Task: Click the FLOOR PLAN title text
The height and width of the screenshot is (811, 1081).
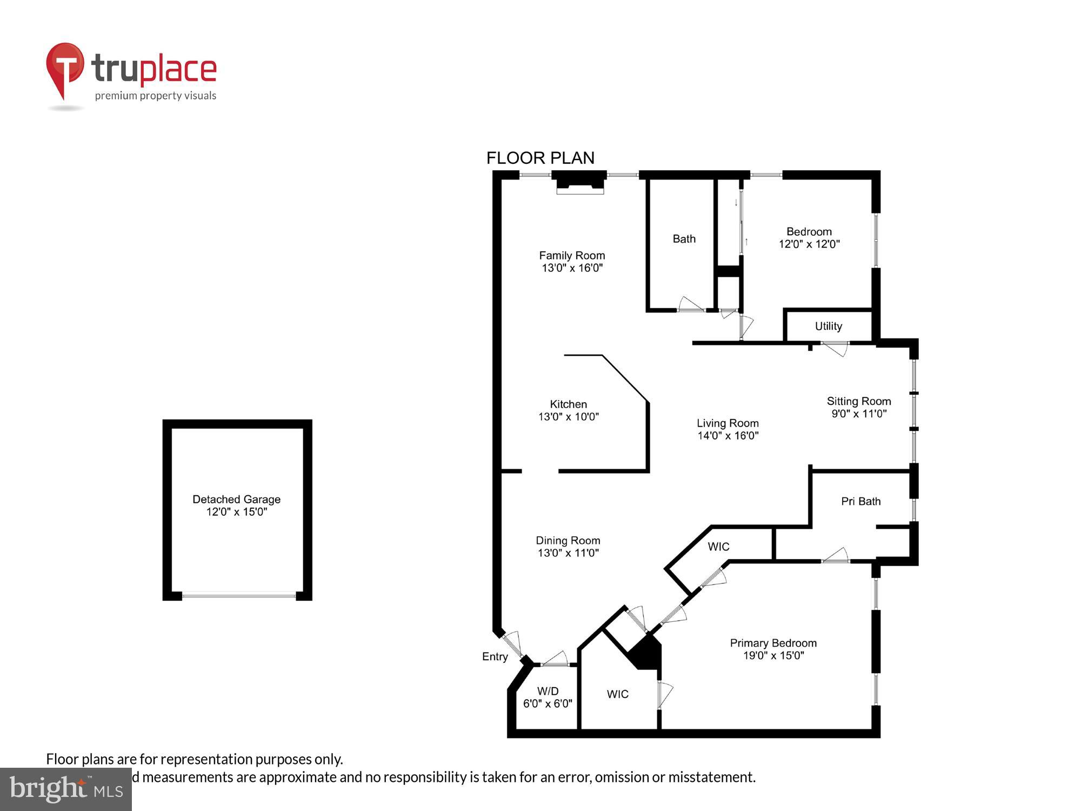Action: tap(540, 158)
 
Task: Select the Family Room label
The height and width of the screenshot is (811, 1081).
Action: tap(572, 255)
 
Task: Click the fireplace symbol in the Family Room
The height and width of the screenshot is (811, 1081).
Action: tap(579, 182)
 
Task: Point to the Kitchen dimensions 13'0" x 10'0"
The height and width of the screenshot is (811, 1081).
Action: tap(569, 417)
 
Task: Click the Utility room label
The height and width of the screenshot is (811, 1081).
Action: tap(828, 326)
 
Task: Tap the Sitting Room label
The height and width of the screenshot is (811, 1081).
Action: tap(858, 401)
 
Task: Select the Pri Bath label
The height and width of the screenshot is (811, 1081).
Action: tap(860, 501)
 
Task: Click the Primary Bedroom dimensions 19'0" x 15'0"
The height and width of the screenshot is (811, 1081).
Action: tap(773, 656)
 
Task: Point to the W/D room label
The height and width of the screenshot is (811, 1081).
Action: tap(548, 691)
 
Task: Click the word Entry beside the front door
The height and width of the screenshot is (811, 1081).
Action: tap(495, 656)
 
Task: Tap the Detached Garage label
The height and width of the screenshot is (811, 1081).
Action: tap(236, 499)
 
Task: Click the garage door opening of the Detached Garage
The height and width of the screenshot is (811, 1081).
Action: tap(238, 596)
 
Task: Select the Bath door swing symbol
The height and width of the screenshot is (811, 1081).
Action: tap(691, 305)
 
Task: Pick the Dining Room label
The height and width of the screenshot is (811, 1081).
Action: tap(568, 540)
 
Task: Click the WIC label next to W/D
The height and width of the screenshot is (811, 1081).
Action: tap(617, 694)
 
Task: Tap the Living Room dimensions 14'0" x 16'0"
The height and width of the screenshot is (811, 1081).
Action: tap(728, 436)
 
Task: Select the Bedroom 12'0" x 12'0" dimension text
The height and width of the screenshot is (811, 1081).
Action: tap(809, 244)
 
